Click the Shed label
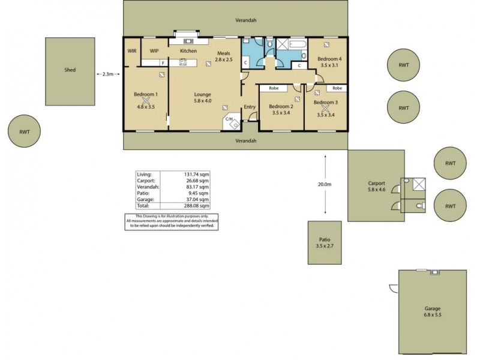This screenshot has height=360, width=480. point(70,70)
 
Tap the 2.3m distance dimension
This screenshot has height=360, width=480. point(107,74)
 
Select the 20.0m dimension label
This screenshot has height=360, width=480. point(325,184)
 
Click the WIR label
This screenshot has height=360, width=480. point(132,51)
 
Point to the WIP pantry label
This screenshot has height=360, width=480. point(154,51)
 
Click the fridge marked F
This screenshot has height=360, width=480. point(163,63)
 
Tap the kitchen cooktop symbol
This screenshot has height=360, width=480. point(183,62)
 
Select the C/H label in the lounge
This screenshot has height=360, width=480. point(229,119)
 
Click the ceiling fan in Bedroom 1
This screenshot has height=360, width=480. point(146,101)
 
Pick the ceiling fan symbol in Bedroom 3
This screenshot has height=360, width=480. point(325,109)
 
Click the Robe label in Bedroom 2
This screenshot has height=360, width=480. point(274,88)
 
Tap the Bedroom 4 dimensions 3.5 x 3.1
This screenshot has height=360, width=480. point(329,65)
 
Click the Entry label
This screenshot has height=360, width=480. point(250,107)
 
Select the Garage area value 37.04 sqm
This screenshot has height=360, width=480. point(196,199)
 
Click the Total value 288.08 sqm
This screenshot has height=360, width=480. point(196,206)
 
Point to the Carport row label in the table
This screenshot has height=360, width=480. point(146,181)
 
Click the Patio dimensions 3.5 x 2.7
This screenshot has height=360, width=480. point(325,246)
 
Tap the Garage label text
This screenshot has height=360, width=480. point(432,308)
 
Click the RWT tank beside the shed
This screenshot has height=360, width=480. point(24,131)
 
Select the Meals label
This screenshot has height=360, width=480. point(223,53)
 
